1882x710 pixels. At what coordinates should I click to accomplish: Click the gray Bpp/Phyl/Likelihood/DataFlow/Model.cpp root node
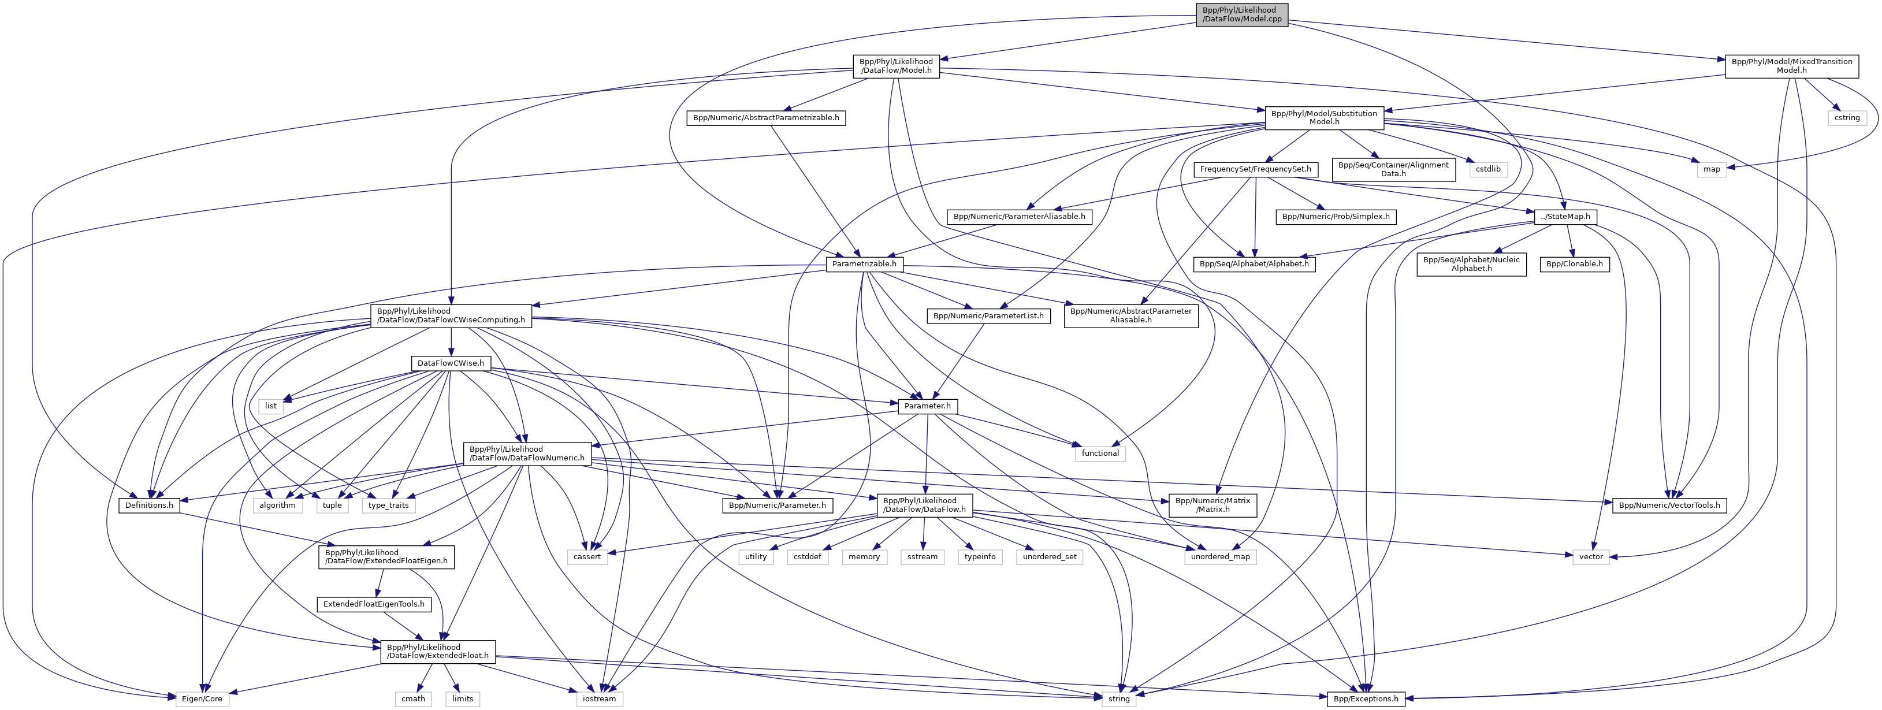[x=1241, y=14]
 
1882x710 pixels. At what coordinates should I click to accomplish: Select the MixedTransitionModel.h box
[x=1791, y=66]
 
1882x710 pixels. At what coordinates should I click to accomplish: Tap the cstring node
[x=1847, y=118]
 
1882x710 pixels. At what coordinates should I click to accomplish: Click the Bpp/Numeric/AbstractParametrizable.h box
[x=765, y=118]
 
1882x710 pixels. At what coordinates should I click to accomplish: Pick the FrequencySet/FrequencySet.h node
[x=1255, y=169]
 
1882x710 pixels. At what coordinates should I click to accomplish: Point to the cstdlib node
[x=1487, y=169]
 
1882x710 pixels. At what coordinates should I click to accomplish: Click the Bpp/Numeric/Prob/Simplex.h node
[x=1336, y=217]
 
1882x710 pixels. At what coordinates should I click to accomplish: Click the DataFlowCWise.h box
[x=450, y=363]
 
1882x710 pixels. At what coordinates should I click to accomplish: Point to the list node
[x=270, y=406]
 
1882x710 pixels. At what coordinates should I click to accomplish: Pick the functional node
[x=1099, y=453]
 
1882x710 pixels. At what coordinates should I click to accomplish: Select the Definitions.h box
[x=149, y=505]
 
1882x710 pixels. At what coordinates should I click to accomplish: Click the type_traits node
[x=389, y=505]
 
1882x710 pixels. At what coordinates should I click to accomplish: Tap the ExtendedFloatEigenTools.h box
[x=373, y=605]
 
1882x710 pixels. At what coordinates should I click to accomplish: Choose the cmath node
[x=413, y=699]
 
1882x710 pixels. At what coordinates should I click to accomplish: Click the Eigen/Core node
[x=202, y=699]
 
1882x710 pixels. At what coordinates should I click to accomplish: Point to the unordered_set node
[x=1049, y=556]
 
